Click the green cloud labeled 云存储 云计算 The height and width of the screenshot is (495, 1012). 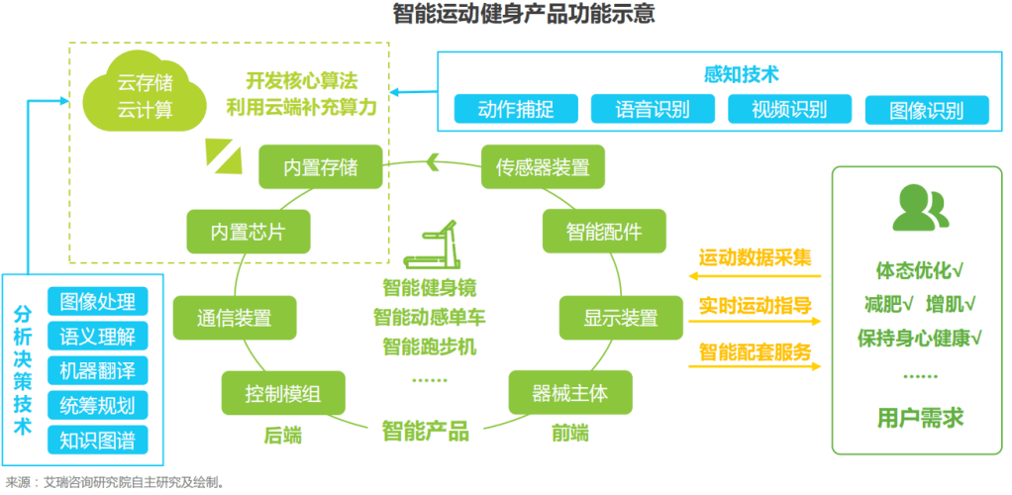click(145, 94)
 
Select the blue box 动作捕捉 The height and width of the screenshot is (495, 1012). click(515, 109)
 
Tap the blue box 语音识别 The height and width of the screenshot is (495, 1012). click(652, 109)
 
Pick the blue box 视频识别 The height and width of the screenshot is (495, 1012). click(789, 109)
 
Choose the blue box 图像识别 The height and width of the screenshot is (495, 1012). click(926, 110)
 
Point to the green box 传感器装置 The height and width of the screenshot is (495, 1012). click(542, 167)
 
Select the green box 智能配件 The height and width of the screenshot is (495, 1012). click(603, 233)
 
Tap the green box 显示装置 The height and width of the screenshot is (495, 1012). click(620, 318)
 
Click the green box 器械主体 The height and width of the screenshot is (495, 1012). click(570, 393)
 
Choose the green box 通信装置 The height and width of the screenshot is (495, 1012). click(234, 318)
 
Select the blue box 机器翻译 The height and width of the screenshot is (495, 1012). click(97, 369)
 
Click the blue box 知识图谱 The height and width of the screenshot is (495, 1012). click(97, 439)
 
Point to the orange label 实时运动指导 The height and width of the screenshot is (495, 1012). click(755, 304)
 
